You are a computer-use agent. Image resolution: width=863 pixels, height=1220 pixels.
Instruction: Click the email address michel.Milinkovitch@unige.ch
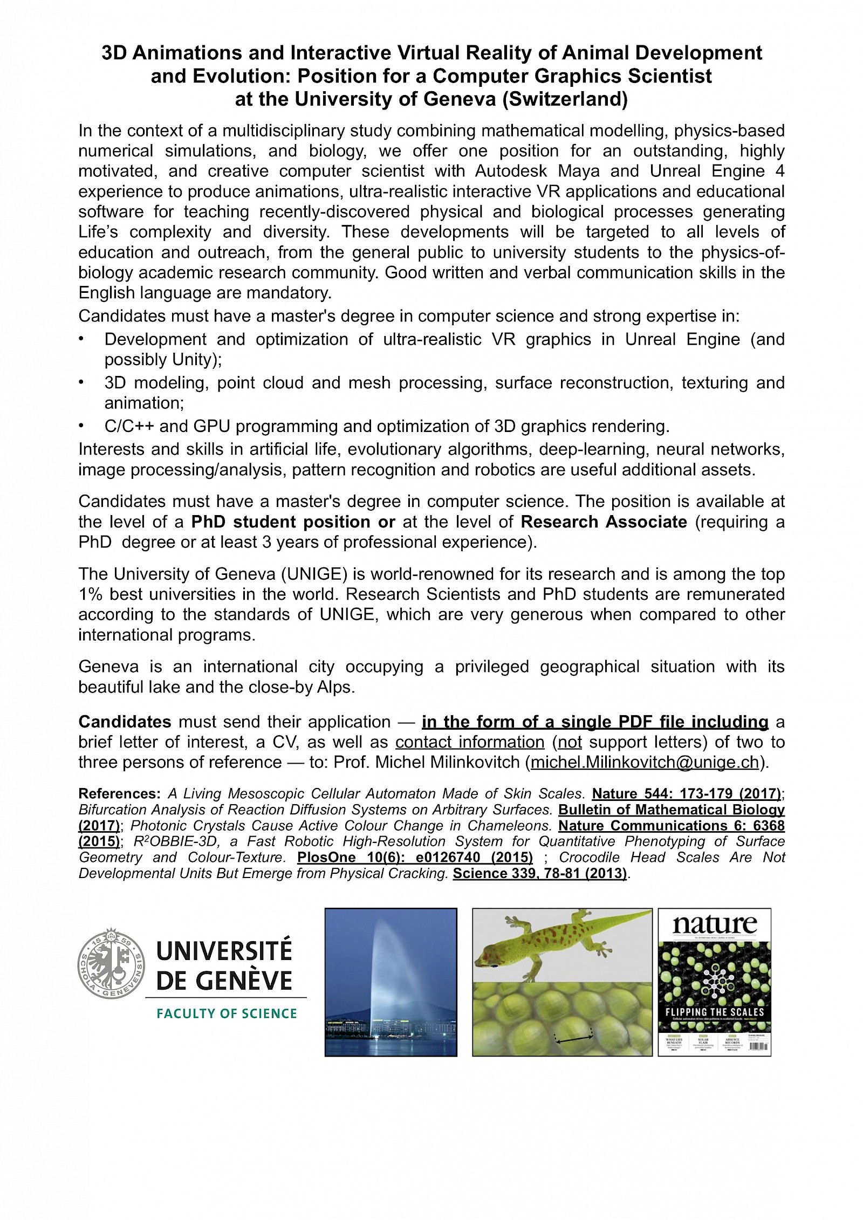[645, 762]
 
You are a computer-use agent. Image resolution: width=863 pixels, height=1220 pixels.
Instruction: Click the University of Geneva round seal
[111, 963]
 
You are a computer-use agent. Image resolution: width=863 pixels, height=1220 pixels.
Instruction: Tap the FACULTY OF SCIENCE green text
[227, 1013]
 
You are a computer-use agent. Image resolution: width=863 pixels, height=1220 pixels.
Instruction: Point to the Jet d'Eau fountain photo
[391, 982]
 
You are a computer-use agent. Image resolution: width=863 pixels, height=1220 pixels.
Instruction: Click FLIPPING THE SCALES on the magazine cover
[715, 1012]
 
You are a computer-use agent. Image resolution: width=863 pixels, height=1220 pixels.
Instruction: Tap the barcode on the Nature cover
[758, 1046]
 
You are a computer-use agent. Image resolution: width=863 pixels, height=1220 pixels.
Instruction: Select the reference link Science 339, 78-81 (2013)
[539, 873]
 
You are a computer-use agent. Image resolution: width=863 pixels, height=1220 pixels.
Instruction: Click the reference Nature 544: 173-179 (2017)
[687, 793]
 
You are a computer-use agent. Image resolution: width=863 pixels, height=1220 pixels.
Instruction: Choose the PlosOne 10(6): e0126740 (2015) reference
[415, 857]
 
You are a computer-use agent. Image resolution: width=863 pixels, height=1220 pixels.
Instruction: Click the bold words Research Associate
[604, 522]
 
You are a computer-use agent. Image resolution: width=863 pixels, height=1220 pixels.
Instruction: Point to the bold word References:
[119, 793]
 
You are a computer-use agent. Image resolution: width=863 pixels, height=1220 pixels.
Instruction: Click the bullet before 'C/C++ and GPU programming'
[81, 426]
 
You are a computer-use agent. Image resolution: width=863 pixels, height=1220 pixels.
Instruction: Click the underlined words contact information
[470, 742]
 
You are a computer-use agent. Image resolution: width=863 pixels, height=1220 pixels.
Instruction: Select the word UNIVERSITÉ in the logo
[224, 951]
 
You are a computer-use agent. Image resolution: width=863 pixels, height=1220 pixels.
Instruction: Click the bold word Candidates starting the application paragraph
[125, 722]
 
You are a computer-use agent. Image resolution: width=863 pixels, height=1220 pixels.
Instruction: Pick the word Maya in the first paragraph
[578, 171]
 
